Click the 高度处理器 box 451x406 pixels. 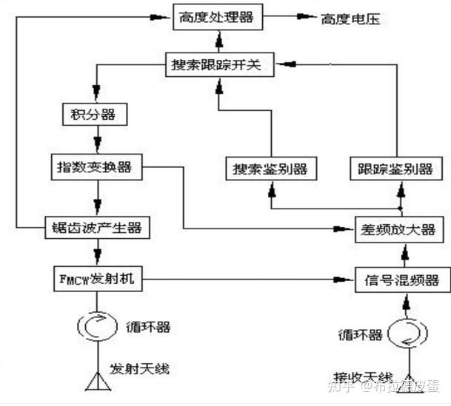pos(216,17)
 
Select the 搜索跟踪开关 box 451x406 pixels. pos(216,65)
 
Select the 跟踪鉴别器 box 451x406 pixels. pos(392,169)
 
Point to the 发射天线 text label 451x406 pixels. pos(144,368)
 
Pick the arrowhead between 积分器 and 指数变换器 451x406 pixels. pos(96,147)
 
